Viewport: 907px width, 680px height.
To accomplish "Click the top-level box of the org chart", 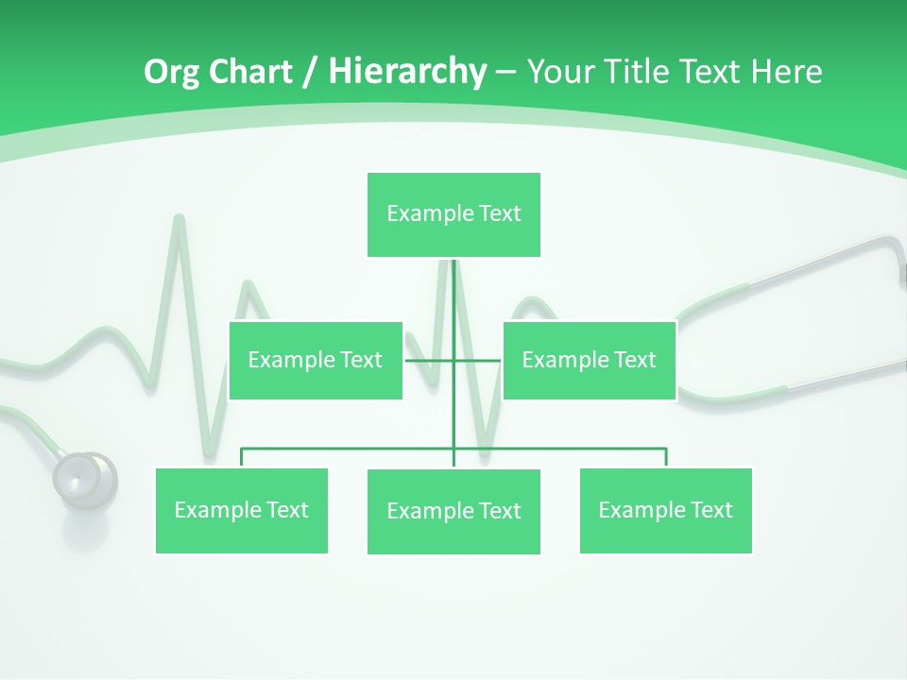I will [x=453, y=214].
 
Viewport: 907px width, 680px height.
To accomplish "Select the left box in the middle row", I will [x=316, y=360].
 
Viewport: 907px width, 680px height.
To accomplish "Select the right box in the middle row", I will [x=589, y=360].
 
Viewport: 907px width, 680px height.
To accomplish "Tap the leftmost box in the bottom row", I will [x=242, y=510].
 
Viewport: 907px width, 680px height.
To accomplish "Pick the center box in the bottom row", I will [x=453, y=511].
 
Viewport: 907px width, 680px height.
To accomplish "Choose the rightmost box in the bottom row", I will [x=665, y=510].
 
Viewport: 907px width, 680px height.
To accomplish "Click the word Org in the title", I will [x=171, y=72].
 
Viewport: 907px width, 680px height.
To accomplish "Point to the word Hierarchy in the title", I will [x=407, y=72].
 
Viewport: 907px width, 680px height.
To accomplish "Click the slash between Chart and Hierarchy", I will [x=310, y=72].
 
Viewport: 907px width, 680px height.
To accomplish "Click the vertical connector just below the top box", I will [x=453, y=283].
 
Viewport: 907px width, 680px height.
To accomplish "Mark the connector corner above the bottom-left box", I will [x=242, y=450].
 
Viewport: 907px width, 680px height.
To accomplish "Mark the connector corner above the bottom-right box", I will [x=666, y=450].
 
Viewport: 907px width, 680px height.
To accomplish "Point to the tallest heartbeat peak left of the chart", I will [x=177, y=223].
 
